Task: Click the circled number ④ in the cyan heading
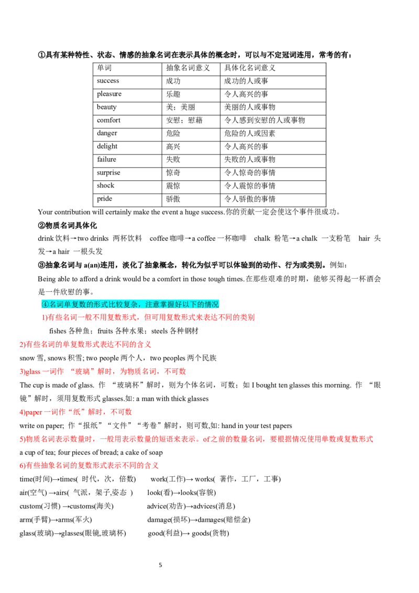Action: [x=45, y=304]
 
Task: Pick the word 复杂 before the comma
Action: [x=130, y=304]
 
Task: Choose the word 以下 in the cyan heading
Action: [x=189, y=304]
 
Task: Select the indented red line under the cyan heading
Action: [x=148, y=317]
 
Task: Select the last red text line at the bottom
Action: [x=89, y=465]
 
